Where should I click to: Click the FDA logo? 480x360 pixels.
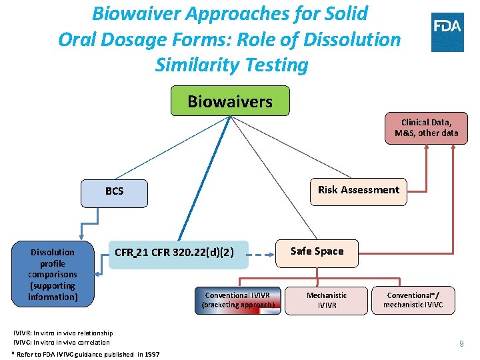pos(447,32)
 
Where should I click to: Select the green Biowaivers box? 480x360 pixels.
pos(230,101)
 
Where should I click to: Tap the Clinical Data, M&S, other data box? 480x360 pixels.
pos(425,127)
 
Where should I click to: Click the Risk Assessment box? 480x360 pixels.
pos(358,190)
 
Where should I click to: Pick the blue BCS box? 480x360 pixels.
pos(114,191)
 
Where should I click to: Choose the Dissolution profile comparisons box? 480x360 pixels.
pos(53,275)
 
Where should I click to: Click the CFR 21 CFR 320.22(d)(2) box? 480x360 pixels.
pos(174,253)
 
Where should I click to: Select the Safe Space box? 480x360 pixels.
pos(317,251)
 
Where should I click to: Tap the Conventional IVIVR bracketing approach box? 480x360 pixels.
pos(238,300)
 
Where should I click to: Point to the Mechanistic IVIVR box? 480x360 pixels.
pos(327,300)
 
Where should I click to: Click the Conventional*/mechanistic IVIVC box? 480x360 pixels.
pos(413,300)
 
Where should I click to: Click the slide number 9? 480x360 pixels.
pos(461,344)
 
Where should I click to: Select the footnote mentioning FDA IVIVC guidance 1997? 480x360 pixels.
pos(86,354)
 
